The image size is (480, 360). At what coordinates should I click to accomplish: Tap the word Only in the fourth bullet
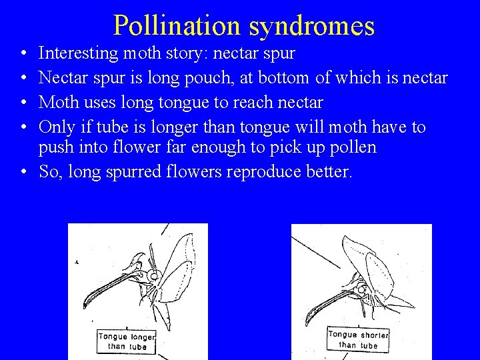[x=55, y=127]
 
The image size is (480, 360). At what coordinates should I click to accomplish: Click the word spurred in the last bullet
[x=119, y=171]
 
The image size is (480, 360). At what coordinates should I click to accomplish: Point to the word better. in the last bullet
[x=329, y=171]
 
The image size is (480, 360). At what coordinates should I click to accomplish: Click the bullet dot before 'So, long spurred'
[x=23, y=172]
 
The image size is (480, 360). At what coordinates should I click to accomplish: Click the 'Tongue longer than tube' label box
[x=127, y=341]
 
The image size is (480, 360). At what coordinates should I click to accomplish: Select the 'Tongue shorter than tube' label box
[x=358, y=339]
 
